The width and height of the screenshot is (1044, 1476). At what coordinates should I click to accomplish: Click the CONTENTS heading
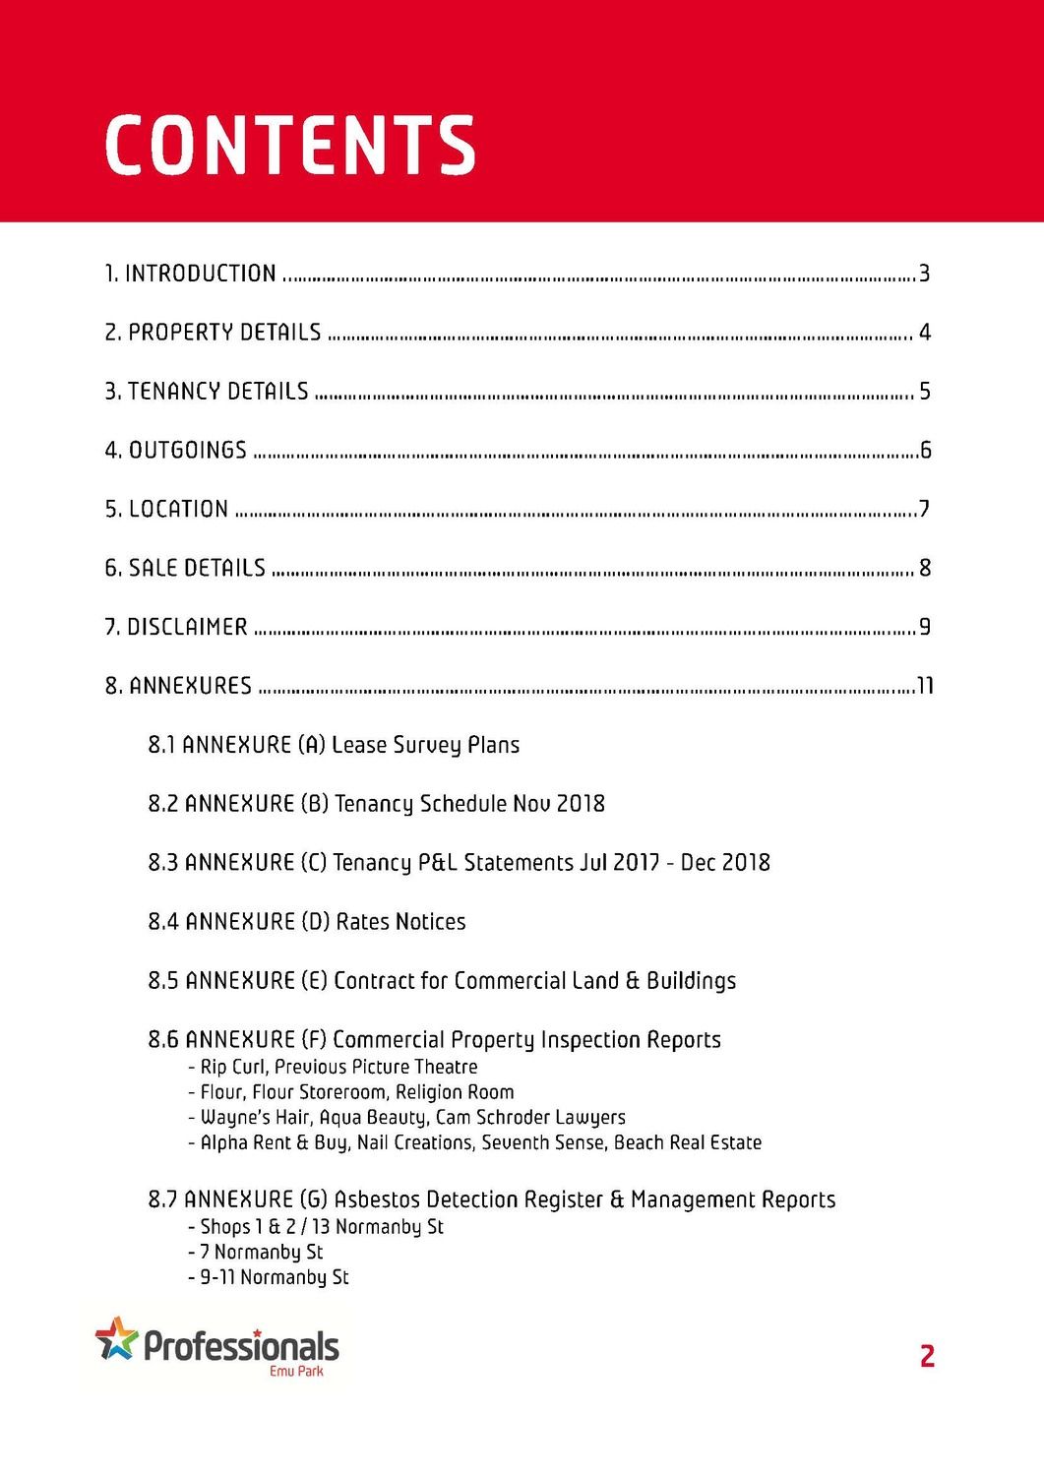290,146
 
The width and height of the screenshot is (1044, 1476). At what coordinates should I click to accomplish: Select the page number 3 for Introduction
924,274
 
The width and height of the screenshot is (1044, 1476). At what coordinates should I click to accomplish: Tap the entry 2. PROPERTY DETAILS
214,333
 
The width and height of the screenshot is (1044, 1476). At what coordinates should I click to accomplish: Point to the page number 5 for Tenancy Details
924,392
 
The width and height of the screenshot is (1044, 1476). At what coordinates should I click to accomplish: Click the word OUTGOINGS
188,451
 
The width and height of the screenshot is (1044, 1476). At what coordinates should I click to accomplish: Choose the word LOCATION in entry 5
178,510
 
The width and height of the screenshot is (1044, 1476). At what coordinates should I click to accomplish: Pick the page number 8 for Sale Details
924,568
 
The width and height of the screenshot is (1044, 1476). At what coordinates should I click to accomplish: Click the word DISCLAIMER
187,627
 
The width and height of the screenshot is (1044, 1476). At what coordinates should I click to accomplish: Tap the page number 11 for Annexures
925,686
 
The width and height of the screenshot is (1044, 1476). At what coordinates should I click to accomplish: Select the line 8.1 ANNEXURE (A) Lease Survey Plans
334,745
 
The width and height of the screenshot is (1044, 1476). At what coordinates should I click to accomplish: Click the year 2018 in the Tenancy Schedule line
581,804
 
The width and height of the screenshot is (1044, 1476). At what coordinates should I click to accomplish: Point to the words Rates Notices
400,922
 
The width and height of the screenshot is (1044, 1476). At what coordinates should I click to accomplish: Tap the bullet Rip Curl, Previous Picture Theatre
338,1067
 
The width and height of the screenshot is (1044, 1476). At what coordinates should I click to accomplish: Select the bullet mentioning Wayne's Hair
412,1118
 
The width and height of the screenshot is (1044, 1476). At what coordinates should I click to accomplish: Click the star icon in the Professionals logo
116,1338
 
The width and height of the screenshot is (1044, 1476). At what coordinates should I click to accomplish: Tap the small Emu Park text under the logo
296,1371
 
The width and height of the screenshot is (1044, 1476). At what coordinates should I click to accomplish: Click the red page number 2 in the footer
927,1356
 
